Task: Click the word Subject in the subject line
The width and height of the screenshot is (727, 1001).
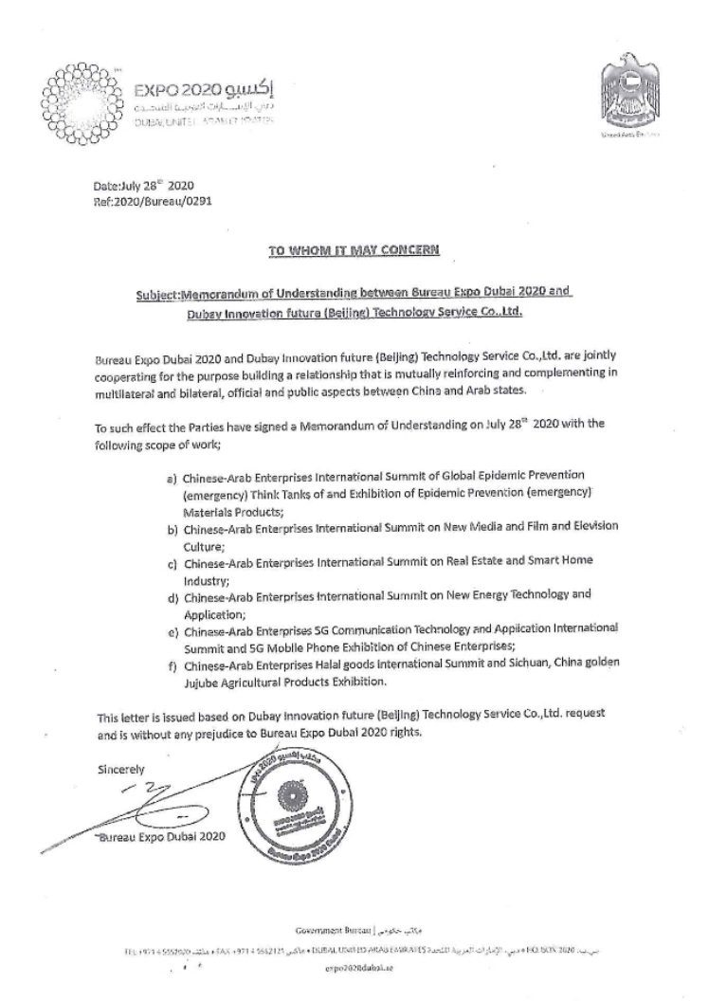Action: click(x=156, y=293)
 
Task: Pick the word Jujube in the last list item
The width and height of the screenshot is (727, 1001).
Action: click(x=217, y=682)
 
